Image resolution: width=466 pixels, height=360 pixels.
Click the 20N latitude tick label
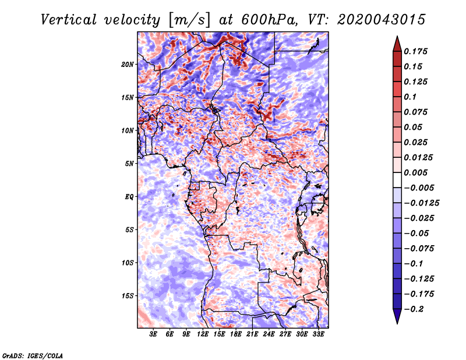pos(128,65)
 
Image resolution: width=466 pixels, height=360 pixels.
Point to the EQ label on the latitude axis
pos(129,197)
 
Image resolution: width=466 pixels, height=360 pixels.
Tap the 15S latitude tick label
pos(128,296)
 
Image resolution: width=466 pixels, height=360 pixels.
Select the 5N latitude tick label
pos(129,164)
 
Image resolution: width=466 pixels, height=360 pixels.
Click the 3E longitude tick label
pos(153,334)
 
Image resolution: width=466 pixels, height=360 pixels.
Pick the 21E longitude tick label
pos(252,334)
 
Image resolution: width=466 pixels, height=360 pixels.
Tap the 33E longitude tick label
pos(318,334)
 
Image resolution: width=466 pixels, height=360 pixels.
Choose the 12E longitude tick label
pos(203,334)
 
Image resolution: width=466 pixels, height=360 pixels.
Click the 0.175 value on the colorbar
pos(415,51)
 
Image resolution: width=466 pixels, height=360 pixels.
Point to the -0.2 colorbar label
pos(414,309)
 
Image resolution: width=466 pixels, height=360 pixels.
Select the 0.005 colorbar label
pos(415,172)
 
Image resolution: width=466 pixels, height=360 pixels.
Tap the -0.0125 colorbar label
pos(421,203)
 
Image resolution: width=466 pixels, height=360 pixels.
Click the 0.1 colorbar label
pos(410,97)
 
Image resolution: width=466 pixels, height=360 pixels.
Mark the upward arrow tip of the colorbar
pos(397,36)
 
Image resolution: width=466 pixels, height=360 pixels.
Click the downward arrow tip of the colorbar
pos(397,323)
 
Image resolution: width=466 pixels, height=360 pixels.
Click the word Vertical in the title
pos(69,20)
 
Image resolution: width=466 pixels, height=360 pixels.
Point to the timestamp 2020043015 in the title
pos(382,20)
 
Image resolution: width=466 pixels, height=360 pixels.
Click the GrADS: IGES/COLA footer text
pos(33,356)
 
